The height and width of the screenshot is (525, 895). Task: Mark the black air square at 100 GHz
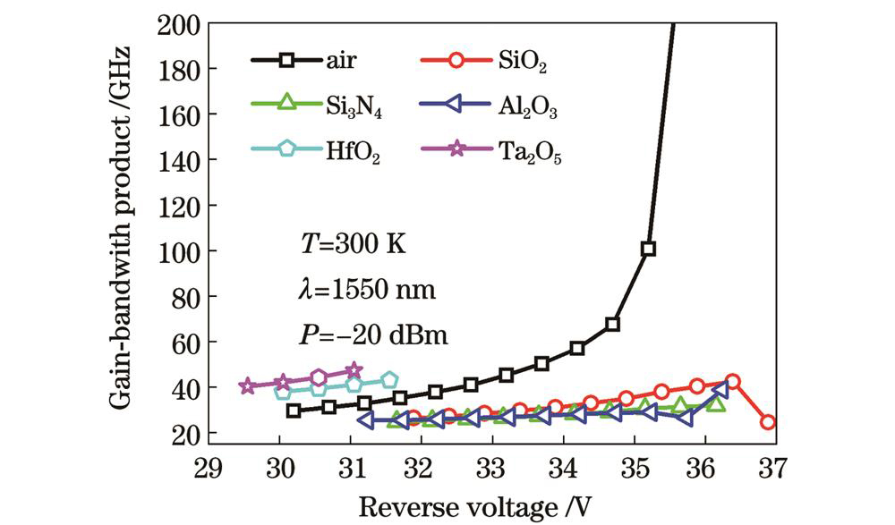[x=648, y=249]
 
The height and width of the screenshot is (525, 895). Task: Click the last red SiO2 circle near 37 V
[x=768, y=422]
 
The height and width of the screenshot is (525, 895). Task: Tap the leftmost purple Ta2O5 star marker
[x=248, y=386]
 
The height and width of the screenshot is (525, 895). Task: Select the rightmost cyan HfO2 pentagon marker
[x=389, y=380]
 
